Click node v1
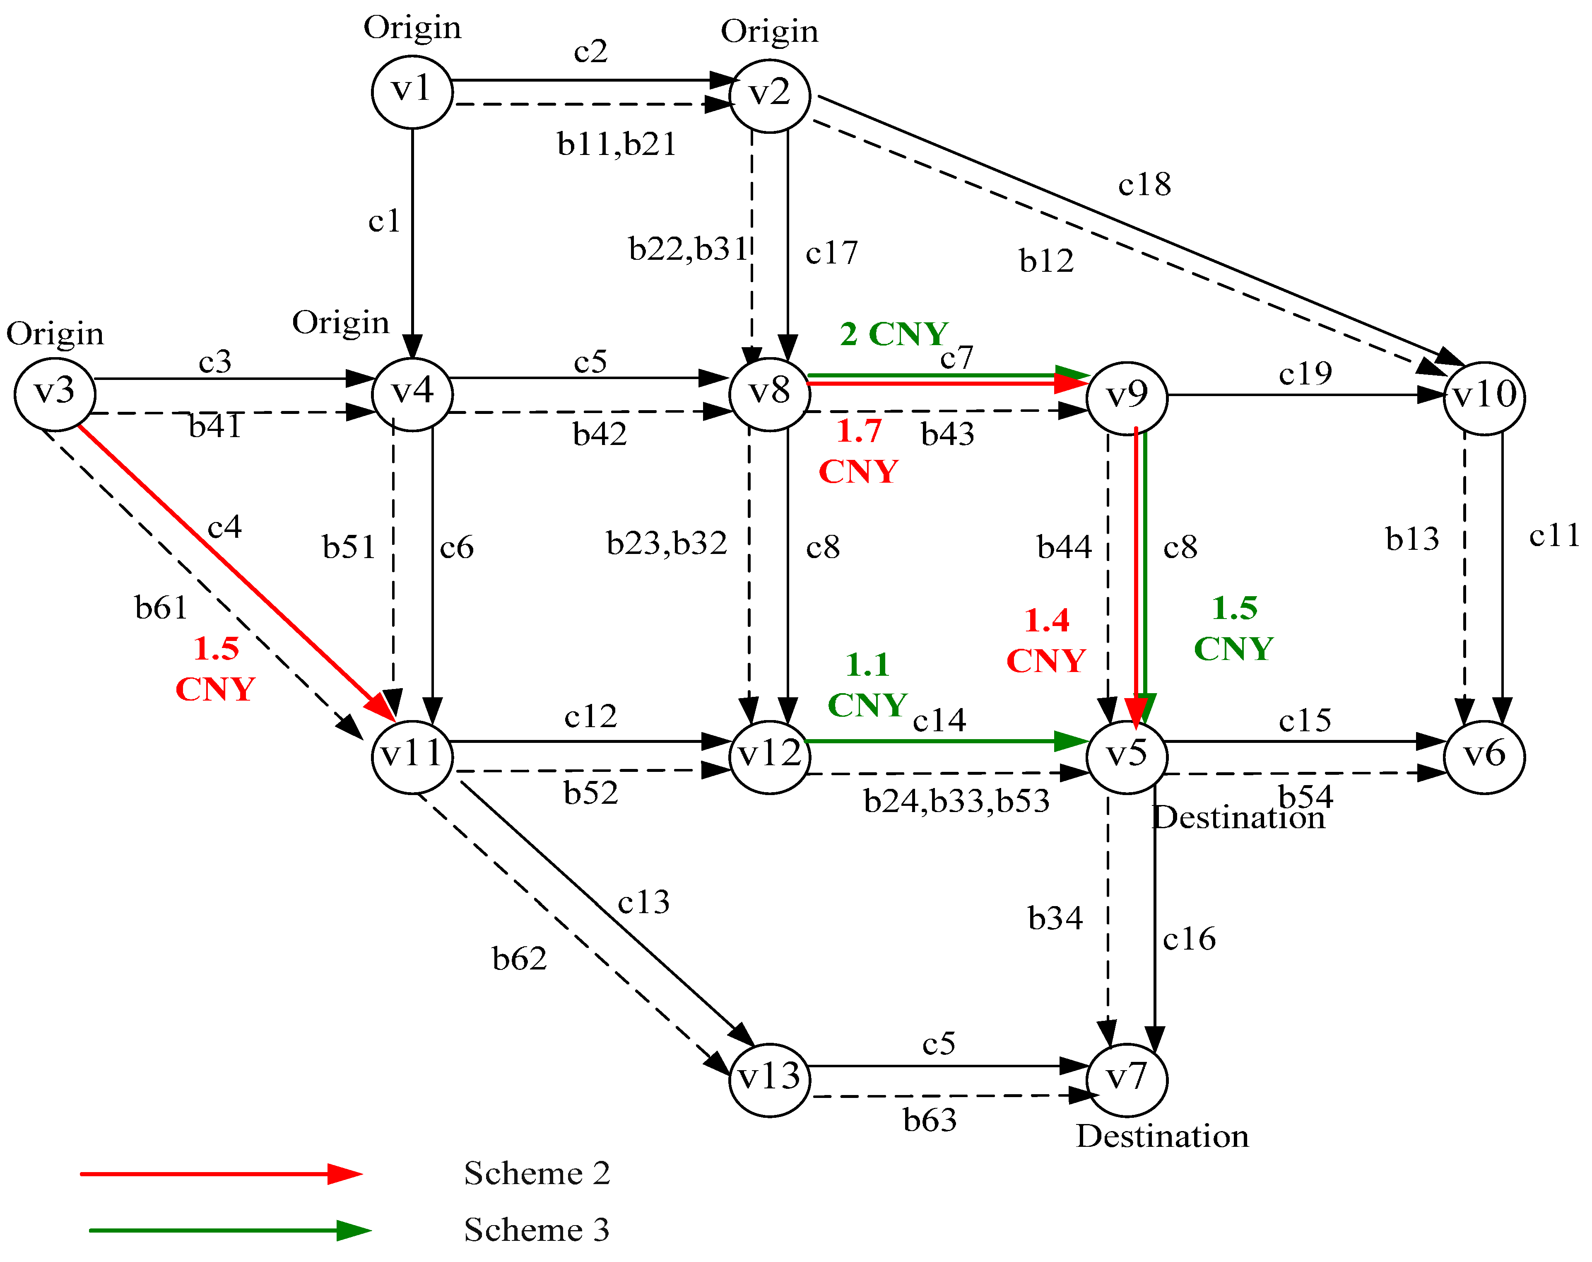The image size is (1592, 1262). tap(412, 92)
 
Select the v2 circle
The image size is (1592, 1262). tap(769, 95)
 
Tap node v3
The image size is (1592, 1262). tap(55, 393)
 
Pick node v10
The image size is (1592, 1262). tap(1484, 397)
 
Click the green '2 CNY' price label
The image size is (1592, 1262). tap(894, 334)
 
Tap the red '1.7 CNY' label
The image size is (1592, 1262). tap(859, 451)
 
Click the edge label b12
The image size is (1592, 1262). tap(1046, 261)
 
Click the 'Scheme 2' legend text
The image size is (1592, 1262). tap(537, 1173)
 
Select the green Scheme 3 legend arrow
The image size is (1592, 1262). tap(229, 1230)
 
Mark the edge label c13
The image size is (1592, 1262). tap(644, 902)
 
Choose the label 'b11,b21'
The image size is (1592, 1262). tap(617, 144)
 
